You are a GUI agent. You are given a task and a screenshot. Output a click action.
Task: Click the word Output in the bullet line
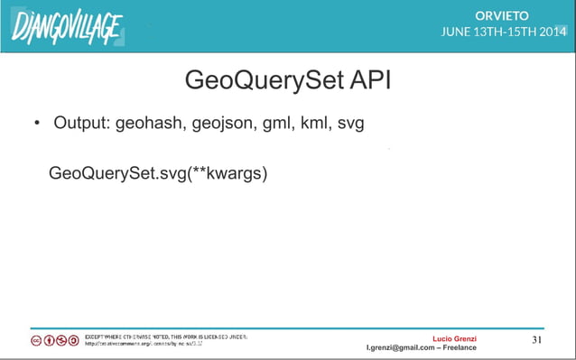[81, 123]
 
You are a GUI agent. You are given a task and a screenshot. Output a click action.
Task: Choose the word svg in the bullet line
[351, 124]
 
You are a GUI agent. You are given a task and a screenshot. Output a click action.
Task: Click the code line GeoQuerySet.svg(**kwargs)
[157, 172]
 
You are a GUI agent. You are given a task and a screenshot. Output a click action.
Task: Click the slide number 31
[536, 340]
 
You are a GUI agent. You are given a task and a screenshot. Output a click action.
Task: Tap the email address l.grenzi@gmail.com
[404, 347]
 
